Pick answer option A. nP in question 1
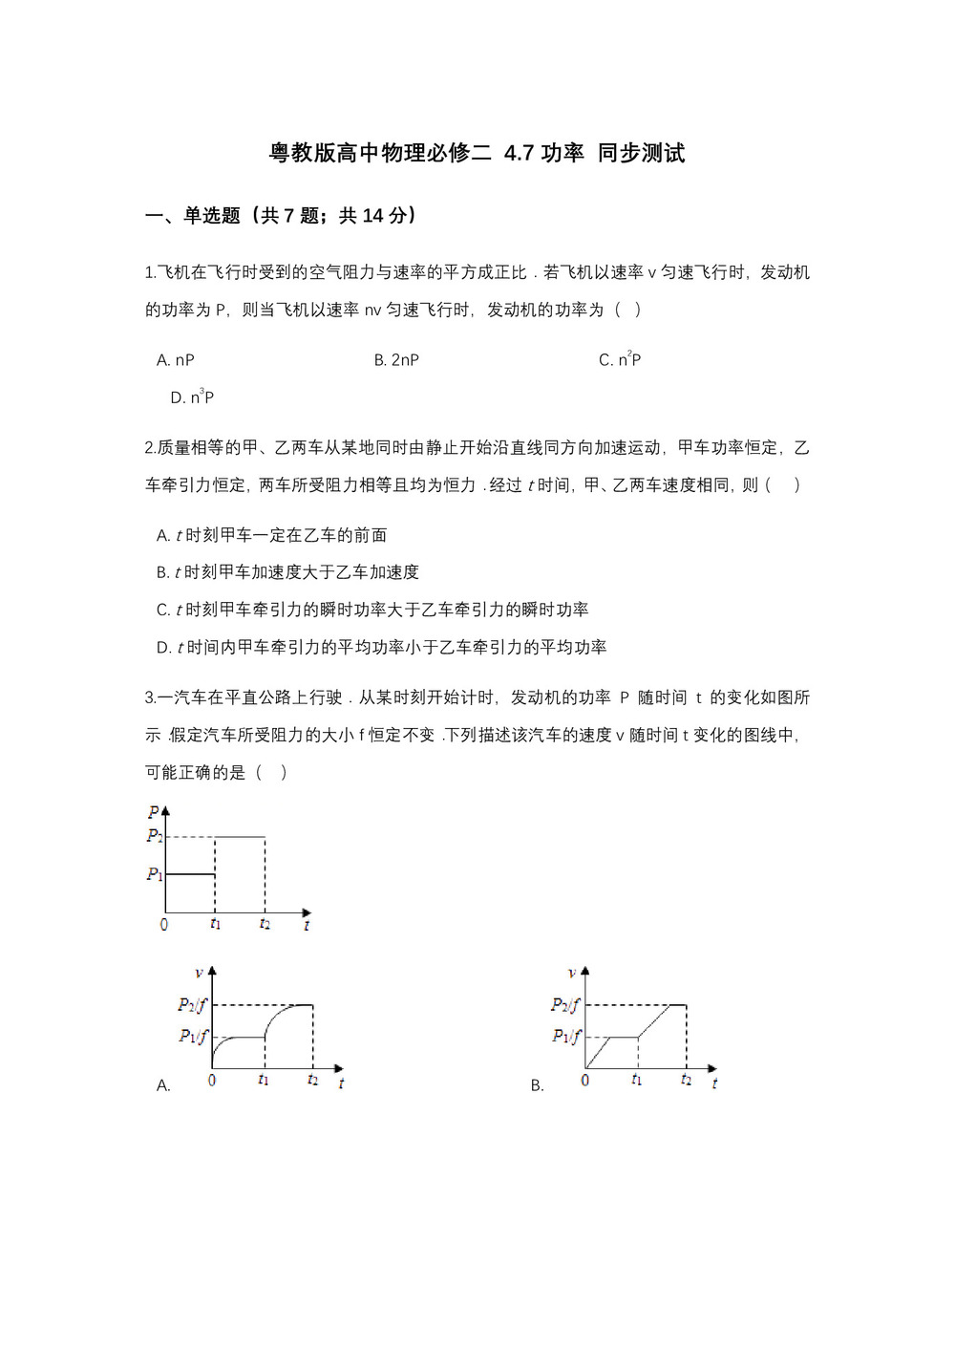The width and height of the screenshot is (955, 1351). pyautogui.click(x=176, y=360)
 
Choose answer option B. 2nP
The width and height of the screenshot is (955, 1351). pyautogui.click(x=396, y=360)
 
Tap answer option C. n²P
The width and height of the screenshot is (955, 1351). pyautogui.click(x=620, y=360)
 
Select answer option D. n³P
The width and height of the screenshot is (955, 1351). pyautogui.click(x=192, y=397)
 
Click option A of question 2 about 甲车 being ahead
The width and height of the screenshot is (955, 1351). pyautogui.click(x=272, y=535)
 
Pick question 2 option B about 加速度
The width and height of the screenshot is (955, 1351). pyautogui.click(x=287, y=572)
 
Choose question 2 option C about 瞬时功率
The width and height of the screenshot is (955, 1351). pyautogui.click(x=372, y=610)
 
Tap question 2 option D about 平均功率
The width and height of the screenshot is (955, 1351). pyautogui.click(x=382, y=647)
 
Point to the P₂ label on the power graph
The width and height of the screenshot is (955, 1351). pyautogui.click(x=155, y=836)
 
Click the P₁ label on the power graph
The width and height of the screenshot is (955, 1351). pyautogui.click(x=155, y=873)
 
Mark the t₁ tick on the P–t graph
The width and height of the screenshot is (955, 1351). pyautogui.click(x=215, y=924)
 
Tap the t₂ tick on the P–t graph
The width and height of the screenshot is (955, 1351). pyautogui.click(x=265, y=924)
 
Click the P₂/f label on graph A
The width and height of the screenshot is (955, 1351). pyautogui.click(x=192, y=1004)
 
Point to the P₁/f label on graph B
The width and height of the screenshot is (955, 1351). pyautogui.click(x=566, y=1036)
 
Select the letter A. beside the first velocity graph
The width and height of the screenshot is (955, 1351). pyautogui.click(x=163, y=1085)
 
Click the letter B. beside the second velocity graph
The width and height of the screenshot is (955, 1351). pyautogui.click(x=538, y=1085)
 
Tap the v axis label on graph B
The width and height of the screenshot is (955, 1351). pyautogui.click(x=572, y=974)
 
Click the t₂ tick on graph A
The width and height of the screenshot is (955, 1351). pyautogui.click(x=312, y=1080)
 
